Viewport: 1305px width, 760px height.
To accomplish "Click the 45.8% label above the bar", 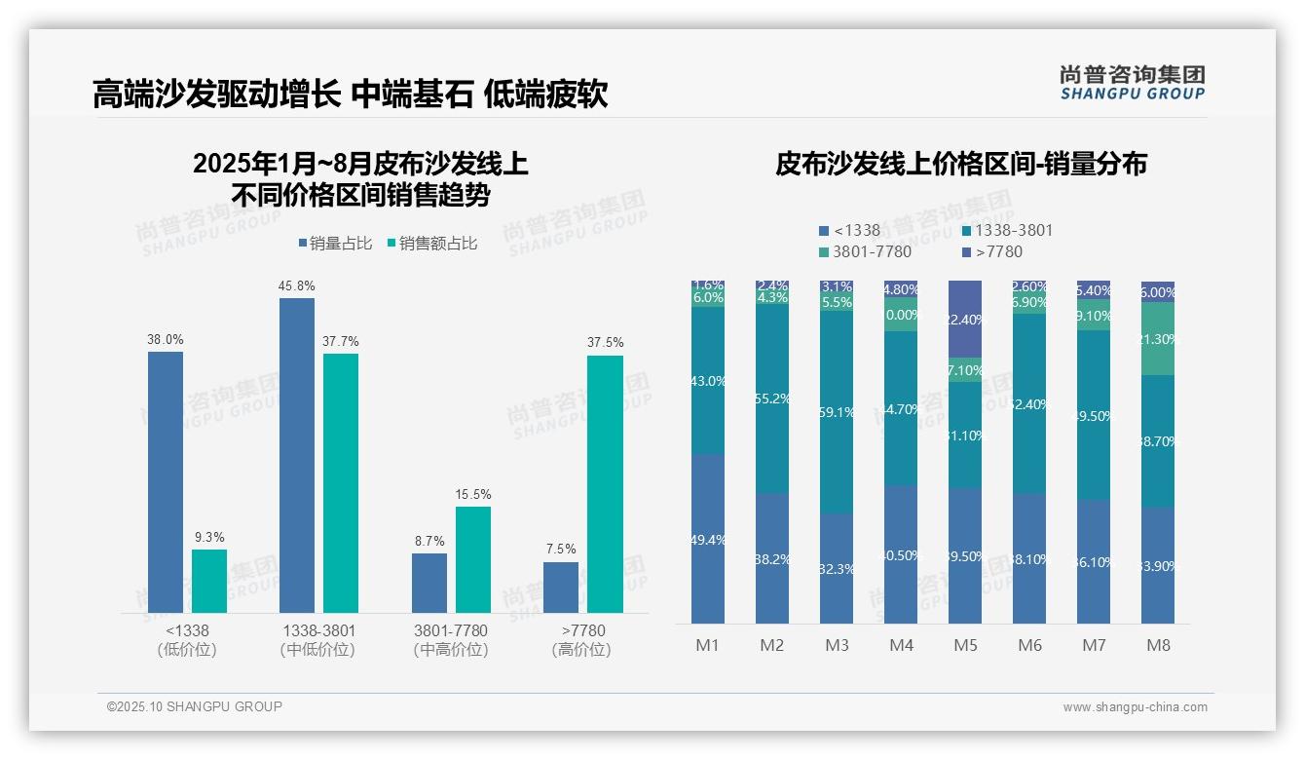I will (297, 286).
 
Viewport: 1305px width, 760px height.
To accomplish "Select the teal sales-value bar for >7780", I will (605, 484).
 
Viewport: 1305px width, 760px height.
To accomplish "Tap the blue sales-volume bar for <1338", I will (166, 482).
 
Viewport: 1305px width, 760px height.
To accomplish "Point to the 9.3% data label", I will (208, 537).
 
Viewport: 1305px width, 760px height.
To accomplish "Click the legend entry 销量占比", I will (334, 244).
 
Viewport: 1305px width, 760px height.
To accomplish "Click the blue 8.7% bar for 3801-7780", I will (429, 583).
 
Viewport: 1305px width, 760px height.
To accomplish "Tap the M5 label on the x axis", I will (965, 645).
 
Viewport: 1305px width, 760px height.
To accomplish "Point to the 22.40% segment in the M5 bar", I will (965, 320).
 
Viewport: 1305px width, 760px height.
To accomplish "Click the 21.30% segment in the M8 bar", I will (1158, 339).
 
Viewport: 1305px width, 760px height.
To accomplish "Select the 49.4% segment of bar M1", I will (708, 539).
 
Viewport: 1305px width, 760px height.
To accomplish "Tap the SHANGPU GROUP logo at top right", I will (1132, 83).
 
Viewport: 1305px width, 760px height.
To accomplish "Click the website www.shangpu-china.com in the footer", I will (1135, 707).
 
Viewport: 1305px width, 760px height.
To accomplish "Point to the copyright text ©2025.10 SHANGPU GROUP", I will (195, 706).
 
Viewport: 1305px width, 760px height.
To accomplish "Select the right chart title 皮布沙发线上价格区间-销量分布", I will (960, 164).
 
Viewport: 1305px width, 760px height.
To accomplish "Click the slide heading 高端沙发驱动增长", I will (216, 95).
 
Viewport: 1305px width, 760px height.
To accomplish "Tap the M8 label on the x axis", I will (1158, 645).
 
